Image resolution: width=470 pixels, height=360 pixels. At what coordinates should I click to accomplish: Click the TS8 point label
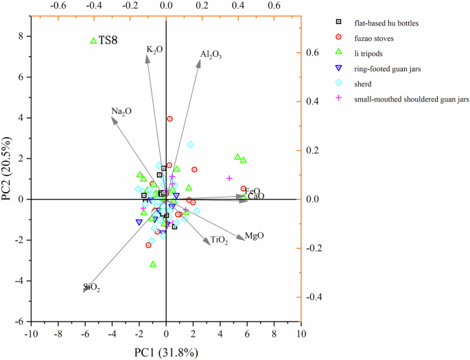tap(108, 41)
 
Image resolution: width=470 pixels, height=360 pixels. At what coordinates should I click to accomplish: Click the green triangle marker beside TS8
tap(94, 40)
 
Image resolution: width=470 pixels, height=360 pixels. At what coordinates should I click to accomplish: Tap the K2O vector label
tap(154, 50)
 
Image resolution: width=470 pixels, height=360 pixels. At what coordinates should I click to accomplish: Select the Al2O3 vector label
tap(211, 55)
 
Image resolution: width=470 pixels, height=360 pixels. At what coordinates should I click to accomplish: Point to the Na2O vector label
tap(121, 111)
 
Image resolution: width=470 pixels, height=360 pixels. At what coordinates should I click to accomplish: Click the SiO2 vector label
tap(91, 288)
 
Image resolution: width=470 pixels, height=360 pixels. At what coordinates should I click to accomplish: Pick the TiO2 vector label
tap(220, 241)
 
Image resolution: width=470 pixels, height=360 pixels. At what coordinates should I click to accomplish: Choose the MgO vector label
tap(255, 236)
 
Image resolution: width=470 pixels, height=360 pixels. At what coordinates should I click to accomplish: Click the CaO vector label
tap(257, 197)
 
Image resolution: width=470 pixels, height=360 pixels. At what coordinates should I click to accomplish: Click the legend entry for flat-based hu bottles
tap(389, 23)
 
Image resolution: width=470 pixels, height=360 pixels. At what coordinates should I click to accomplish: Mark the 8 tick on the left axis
tap(21, 36)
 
